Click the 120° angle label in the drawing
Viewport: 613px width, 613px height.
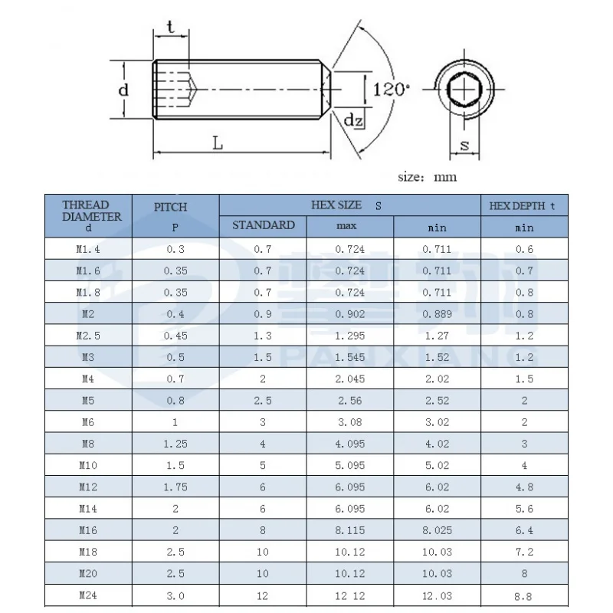(x=392, y=90)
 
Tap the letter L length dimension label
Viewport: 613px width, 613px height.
(x=218, y=143)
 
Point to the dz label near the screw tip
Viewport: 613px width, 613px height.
(x=353, y=120)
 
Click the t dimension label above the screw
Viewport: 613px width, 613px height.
(x=170, y=27)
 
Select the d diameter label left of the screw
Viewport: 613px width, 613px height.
(x=123, y=90)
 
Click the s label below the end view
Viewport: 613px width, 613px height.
(x=464, y=146)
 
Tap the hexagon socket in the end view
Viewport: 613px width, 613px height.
(x=464, y=90)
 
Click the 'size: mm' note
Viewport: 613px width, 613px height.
(x=427, y=177)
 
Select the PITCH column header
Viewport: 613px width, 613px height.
(x=171, y=207)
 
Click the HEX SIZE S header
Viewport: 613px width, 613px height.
(x=346, y=205)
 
